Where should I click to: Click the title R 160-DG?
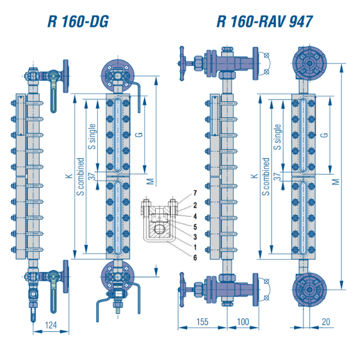tap(78, 21)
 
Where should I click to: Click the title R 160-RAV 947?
tap(264, 21)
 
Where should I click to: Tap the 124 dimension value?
tap(51, 325)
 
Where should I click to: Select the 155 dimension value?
tap(202, 322)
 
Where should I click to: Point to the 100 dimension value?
tap(242, 322)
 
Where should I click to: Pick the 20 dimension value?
tap(326, 322)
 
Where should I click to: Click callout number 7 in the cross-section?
tap(195, 193)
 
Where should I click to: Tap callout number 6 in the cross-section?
tap(195, 258)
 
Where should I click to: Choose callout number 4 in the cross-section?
tap(195, 216)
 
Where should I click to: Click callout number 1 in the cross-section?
tap(195, 247)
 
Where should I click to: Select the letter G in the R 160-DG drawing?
tap(139, 135)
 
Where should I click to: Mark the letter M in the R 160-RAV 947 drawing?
tap(336, 182)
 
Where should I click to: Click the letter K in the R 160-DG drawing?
tap(69, 176)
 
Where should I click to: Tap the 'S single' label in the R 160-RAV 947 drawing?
tap(277, 137)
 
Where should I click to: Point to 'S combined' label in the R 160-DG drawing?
tap(80, 177)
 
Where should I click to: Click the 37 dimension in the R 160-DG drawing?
tap(92, 176)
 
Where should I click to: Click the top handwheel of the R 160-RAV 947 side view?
tap(182, 64)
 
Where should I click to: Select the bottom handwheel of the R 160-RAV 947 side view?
tap(182, 290)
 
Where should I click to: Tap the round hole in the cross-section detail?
tap(159, 229)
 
